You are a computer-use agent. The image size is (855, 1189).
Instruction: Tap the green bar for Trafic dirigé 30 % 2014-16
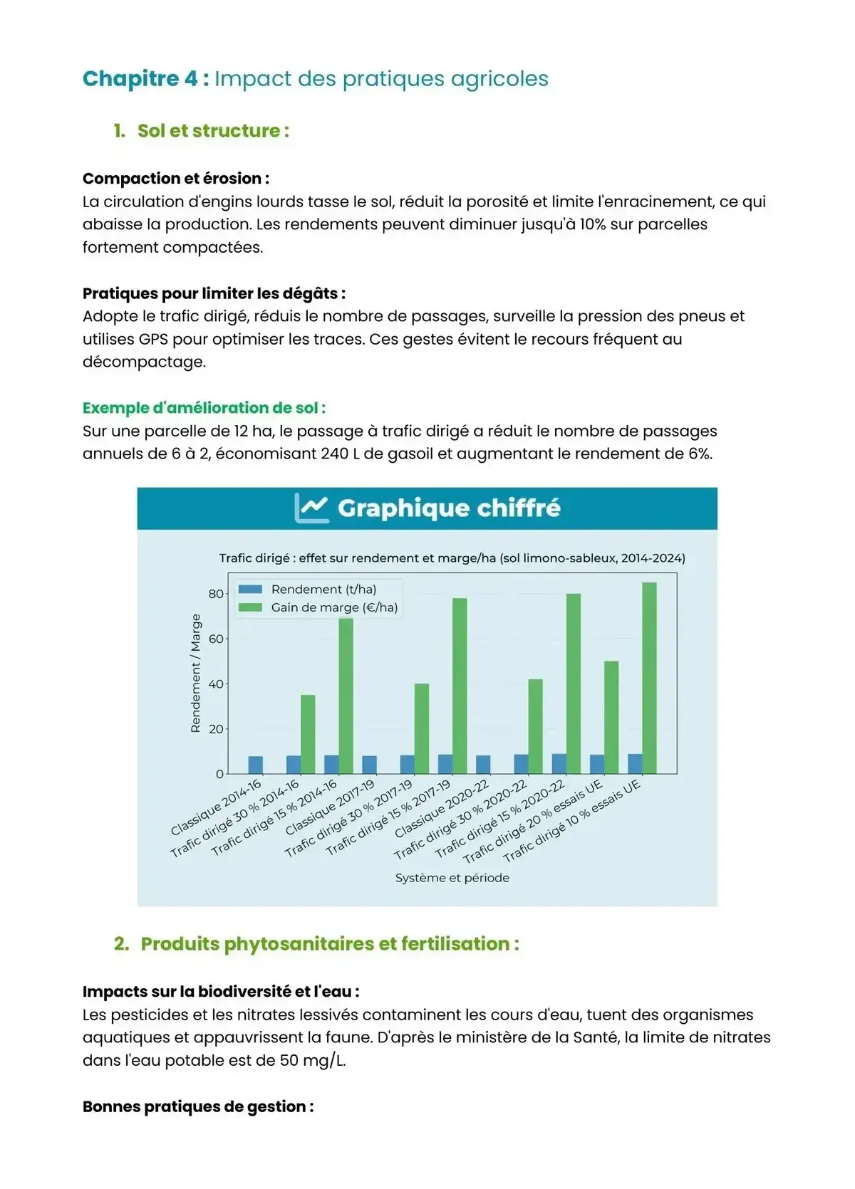pyautogui.click(x=308, y=734)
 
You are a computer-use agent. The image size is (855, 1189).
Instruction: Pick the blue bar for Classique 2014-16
pyautogui.click(x=255, y=765)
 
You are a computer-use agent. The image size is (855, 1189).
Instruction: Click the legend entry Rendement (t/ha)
pyautogui.click(x=323, y=589)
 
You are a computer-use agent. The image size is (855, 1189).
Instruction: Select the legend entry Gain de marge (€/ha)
pyautogui.click(x=333, y=607)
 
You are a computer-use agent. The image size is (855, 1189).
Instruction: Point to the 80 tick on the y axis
pyautogui.click(x=215, y=594)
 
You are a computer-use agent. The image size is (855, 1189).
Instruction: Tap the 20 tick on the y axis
pyautogui.click(x=215, y=729)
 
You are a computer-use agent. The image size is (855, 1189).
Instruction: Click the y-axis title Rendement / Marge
pyautogui.click(x=195, y=673)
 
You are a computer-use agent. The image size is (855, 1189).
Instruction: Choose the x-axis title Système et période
pyautogui.click(x=452, y=878)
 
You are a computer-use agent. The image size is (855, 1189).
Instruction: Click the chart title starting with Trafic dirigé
pyautogui.click(x=452, y=558)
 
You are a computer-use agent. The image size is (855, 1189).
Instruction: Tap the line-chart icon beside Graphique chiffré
pyautogui.click(x=311, y=508)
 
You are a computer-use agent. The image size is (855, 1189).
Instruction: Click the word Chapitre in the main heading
pyautogui.click(x=130, y=78)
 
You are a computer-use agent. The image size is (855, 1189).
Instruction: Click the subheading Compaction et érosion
pyautogui.click(x=175, y=179)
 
